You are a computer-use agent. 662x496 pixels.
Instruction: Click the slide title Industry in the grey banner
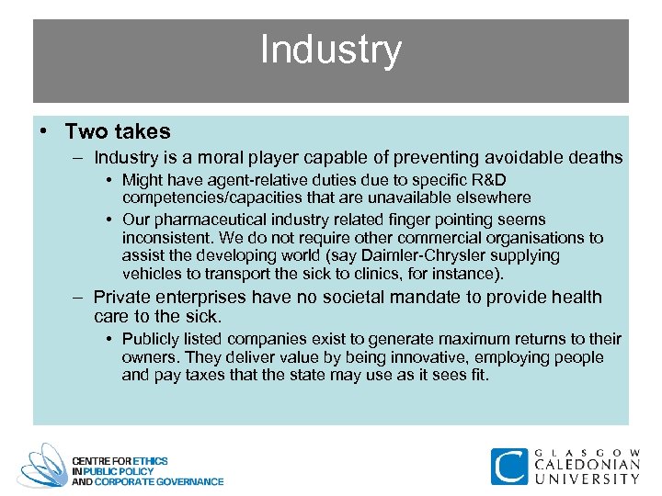(x=330, y=50)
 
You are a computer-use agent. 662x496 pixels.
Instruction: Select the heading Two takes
(x=118, y=131)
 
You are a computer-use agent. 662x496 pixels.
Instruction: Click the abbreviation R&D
(x=486, y=180)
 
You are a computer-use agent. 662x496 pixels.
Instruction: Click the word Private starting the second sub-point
(x=122, y=298)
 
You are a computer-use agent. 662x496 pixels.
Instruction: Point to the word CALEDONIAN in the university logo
(x=588, y=465)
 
